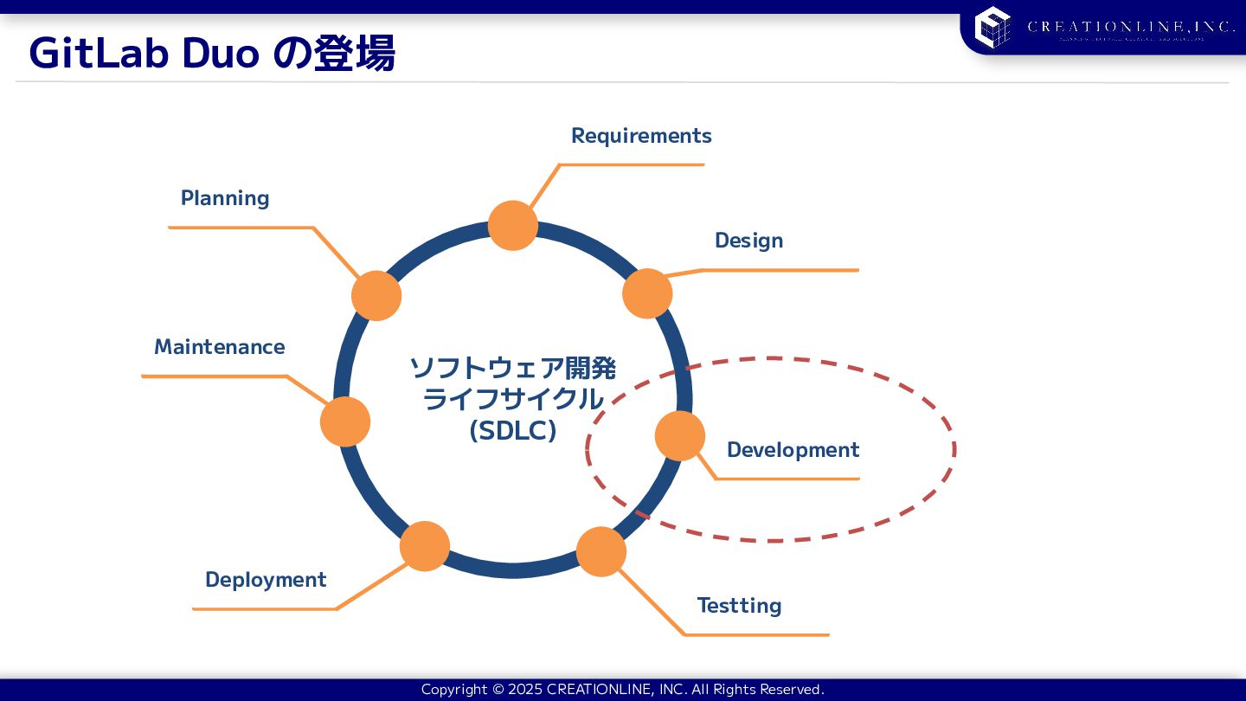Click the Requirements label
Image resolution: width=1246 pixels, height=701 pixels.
641,136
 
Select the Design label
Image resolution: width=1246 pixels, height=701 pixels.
748,241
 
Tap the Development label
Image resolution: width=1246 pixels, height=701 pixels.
793,450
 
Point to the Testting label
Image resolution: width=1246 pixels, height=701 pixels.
739,606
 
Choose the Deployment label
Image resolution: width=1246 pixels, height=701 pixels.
266,580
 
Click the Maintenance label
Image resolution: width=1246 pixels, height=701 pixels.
219,347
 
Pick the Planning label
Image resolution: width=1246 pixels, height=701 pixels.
225,198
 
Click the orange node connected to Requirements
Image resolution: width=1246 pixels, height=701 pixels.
513,226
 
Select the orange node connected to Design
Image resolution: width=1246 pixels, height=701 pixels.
647,293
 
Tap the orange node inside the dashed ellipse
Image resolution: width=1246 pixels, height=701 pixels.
680,435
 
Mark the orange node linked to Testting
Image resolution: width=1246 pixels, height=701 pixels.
601,551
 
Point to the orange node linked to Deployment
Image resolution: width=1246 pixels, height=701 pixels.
425,546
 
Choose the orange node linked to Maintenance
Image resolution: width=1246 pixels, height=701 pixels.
345,421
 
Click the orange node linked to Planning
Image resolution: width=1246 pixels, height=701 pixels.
376,295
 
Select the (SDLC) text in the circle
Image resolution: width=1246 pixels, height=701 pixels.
512,430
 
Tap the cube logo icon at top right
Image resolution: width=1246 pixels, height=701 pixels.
992,27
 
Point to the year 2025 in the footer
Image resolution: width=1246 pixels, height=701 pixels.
524,690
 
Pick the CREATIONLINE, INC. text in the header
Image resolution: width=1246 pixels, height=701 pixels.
1131,27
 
